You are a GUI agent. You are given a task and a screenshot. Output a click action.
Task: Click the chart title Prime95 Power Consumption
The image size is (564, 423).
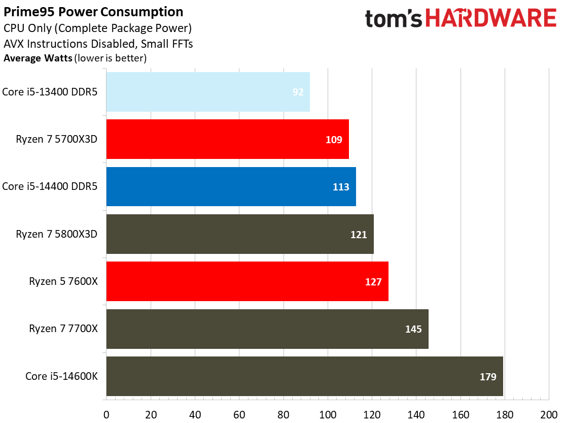coord(94,12)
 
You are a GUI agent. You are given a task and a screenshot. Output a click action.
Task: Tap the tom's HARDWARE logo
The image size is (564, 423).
coord(460,19)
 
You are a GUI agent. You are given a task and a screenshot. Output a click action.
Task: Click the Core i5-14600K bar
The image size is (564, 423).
coord(304,376)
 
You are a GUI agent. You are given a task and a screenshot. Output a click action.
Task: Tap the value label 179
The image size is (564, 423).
coord(488,377)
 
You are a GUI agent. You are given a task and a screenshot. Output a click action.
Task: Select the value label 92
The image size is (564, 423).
coord(298,92)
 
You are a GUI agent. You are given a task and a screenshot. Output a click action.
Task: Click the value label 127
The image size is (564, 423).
coord(373,282)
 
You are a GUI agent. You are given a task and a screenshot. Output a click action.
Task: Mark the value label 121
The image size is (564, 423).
coord(359,234)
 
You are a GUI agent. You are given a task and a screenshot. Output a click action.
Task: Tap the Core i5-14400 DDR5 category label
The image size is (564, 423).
coord(50,186)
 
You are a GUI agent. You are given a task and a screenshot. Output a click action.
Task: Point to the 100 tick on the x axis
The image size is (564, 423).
coord(328,414)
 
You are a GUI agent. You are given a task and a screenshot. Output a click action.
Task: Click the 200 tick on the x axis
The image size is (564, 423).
coord(549,414)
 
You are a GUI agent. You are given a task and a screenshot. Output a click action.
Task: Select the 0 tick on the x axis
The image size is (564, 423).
coord(106,414)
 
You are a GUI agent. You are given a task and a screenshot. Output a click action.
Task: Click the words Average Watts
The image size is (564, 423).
coord(38,58)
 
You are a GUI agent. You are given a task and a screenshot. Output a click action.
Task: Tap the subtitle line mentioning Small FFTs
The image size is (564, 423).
coord(98,44)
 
